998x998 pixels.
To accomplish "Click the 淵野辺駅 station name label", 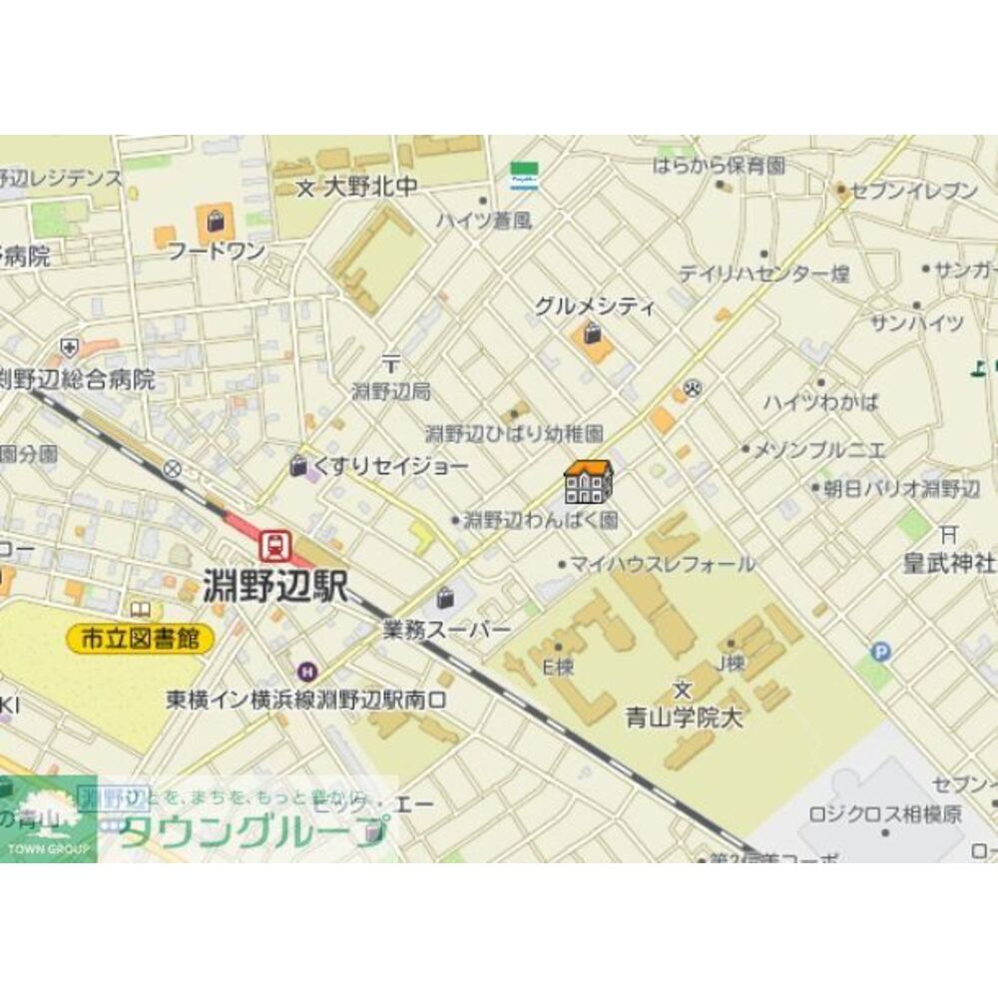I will pyautogui.click(x=275, y=587).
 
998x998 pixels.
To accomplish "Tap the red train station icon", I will pyautogui.click(x=272, y=545).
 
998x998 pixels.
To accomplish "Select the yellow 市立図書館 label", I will pyautogui.click(x=141, y=639).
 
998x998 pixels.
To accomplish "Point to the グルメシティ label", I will pyautogui.click(x=594, y=306).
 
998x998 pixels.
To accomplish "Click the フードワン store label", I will pyautogui.click(x=216, y=249).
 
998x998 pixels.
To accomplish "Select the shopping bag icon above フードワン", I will pyautogui.click(x=215, y=220).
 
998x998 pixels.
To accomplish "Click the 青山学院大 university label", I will pyautogui.click(x=684, y=717).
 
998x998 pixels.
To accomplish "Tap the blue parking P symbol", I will pyautogui.click(x=880, y=653).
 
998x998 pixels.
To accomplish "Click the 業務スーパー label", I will pyautogui.click(x=446, y=629).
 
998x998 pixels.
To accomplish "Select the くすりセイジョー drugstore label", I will pyautogui.click(x=391, y=466).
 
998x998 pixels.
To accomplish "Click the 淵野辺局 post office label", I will pyautogui.click(x=391, y=392).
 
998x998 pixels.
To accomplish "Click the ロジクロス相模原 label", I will pyautogui.click(x=886, y=813).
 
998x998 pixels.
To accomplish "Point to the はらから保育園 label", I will pyautogui.click(x=719, y=165).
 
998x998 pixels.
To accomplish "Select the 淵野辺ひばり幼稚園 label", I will pyautogui.click(x=514, y=433).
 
